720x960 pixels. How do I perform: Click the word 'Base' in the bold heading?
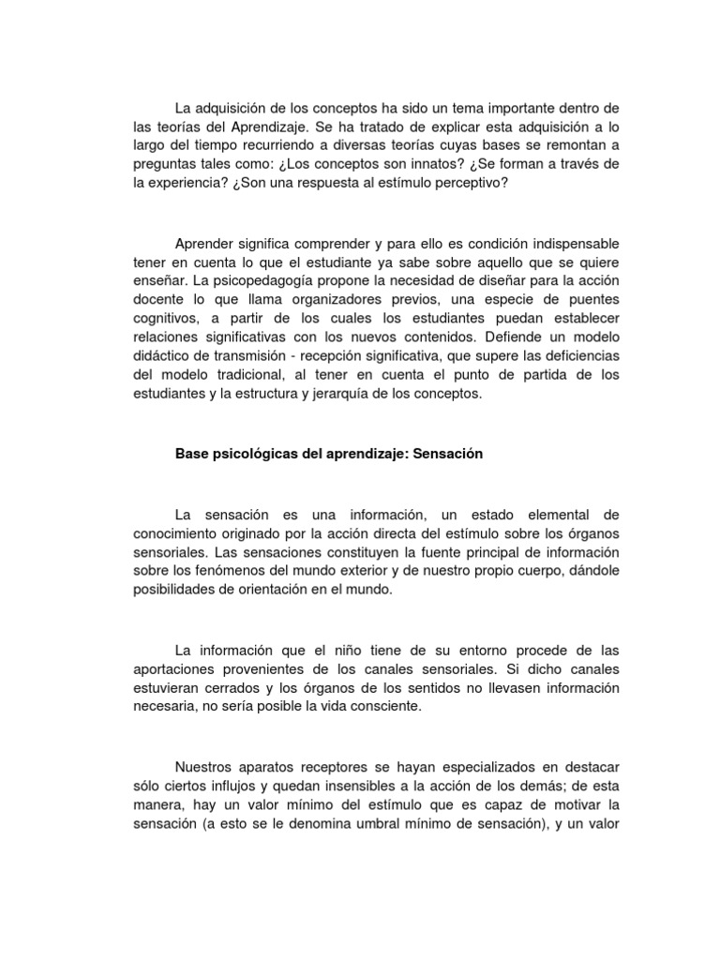pyautogui.click(x=191, y=453)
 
